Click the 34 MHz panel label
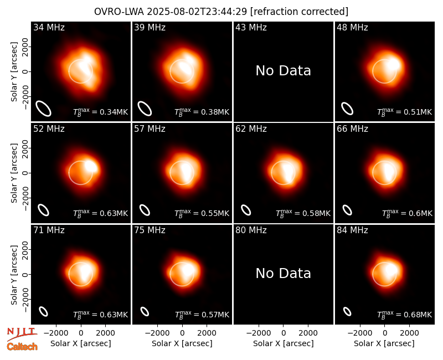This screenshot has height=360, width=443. coord(49,27)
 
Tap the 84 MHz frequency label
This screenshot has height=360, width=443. coord(352,230)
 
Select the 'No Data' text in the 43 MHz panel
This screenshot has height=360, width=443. coord(283,71)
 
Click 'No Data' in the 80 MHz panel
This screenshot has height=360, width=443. coord(283,273)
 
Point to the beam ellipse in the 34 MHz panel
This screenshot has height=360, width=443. coord(43,109)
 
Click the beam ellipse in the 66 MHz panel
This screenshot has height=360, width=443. coord(347,210)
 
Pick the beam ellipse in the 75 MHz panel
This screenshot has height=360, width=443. coord(145,311)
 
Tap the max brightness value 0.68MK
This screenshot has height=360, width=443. coord(405,315)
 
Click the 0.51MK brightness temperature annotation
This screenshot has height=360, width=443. coord(405,112)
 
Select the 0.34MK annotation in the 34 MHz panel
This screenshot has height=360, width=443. coord(101,112)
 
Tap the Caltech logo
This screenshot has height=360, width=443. coord(22,347)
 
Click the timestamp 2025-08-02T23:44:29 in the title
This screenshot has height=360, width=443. coord(197,12)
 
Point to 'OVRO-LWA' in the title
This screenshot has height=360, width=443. coord(119,12)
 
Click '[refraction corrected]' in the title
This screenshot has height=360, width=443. coord(299,12)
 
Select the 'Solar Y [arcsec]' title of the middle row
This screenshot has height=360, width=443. coord(14,173)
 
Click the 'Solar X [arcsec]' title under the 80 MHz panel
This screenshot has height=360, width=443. coord(284,343)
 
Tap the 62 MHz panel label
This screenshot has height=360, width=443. coord(251,129)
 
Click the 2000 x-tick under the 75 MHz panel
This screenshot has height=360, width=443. coord(207,333)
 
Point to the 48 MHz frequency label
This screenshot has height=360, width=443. coord(352,27)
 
